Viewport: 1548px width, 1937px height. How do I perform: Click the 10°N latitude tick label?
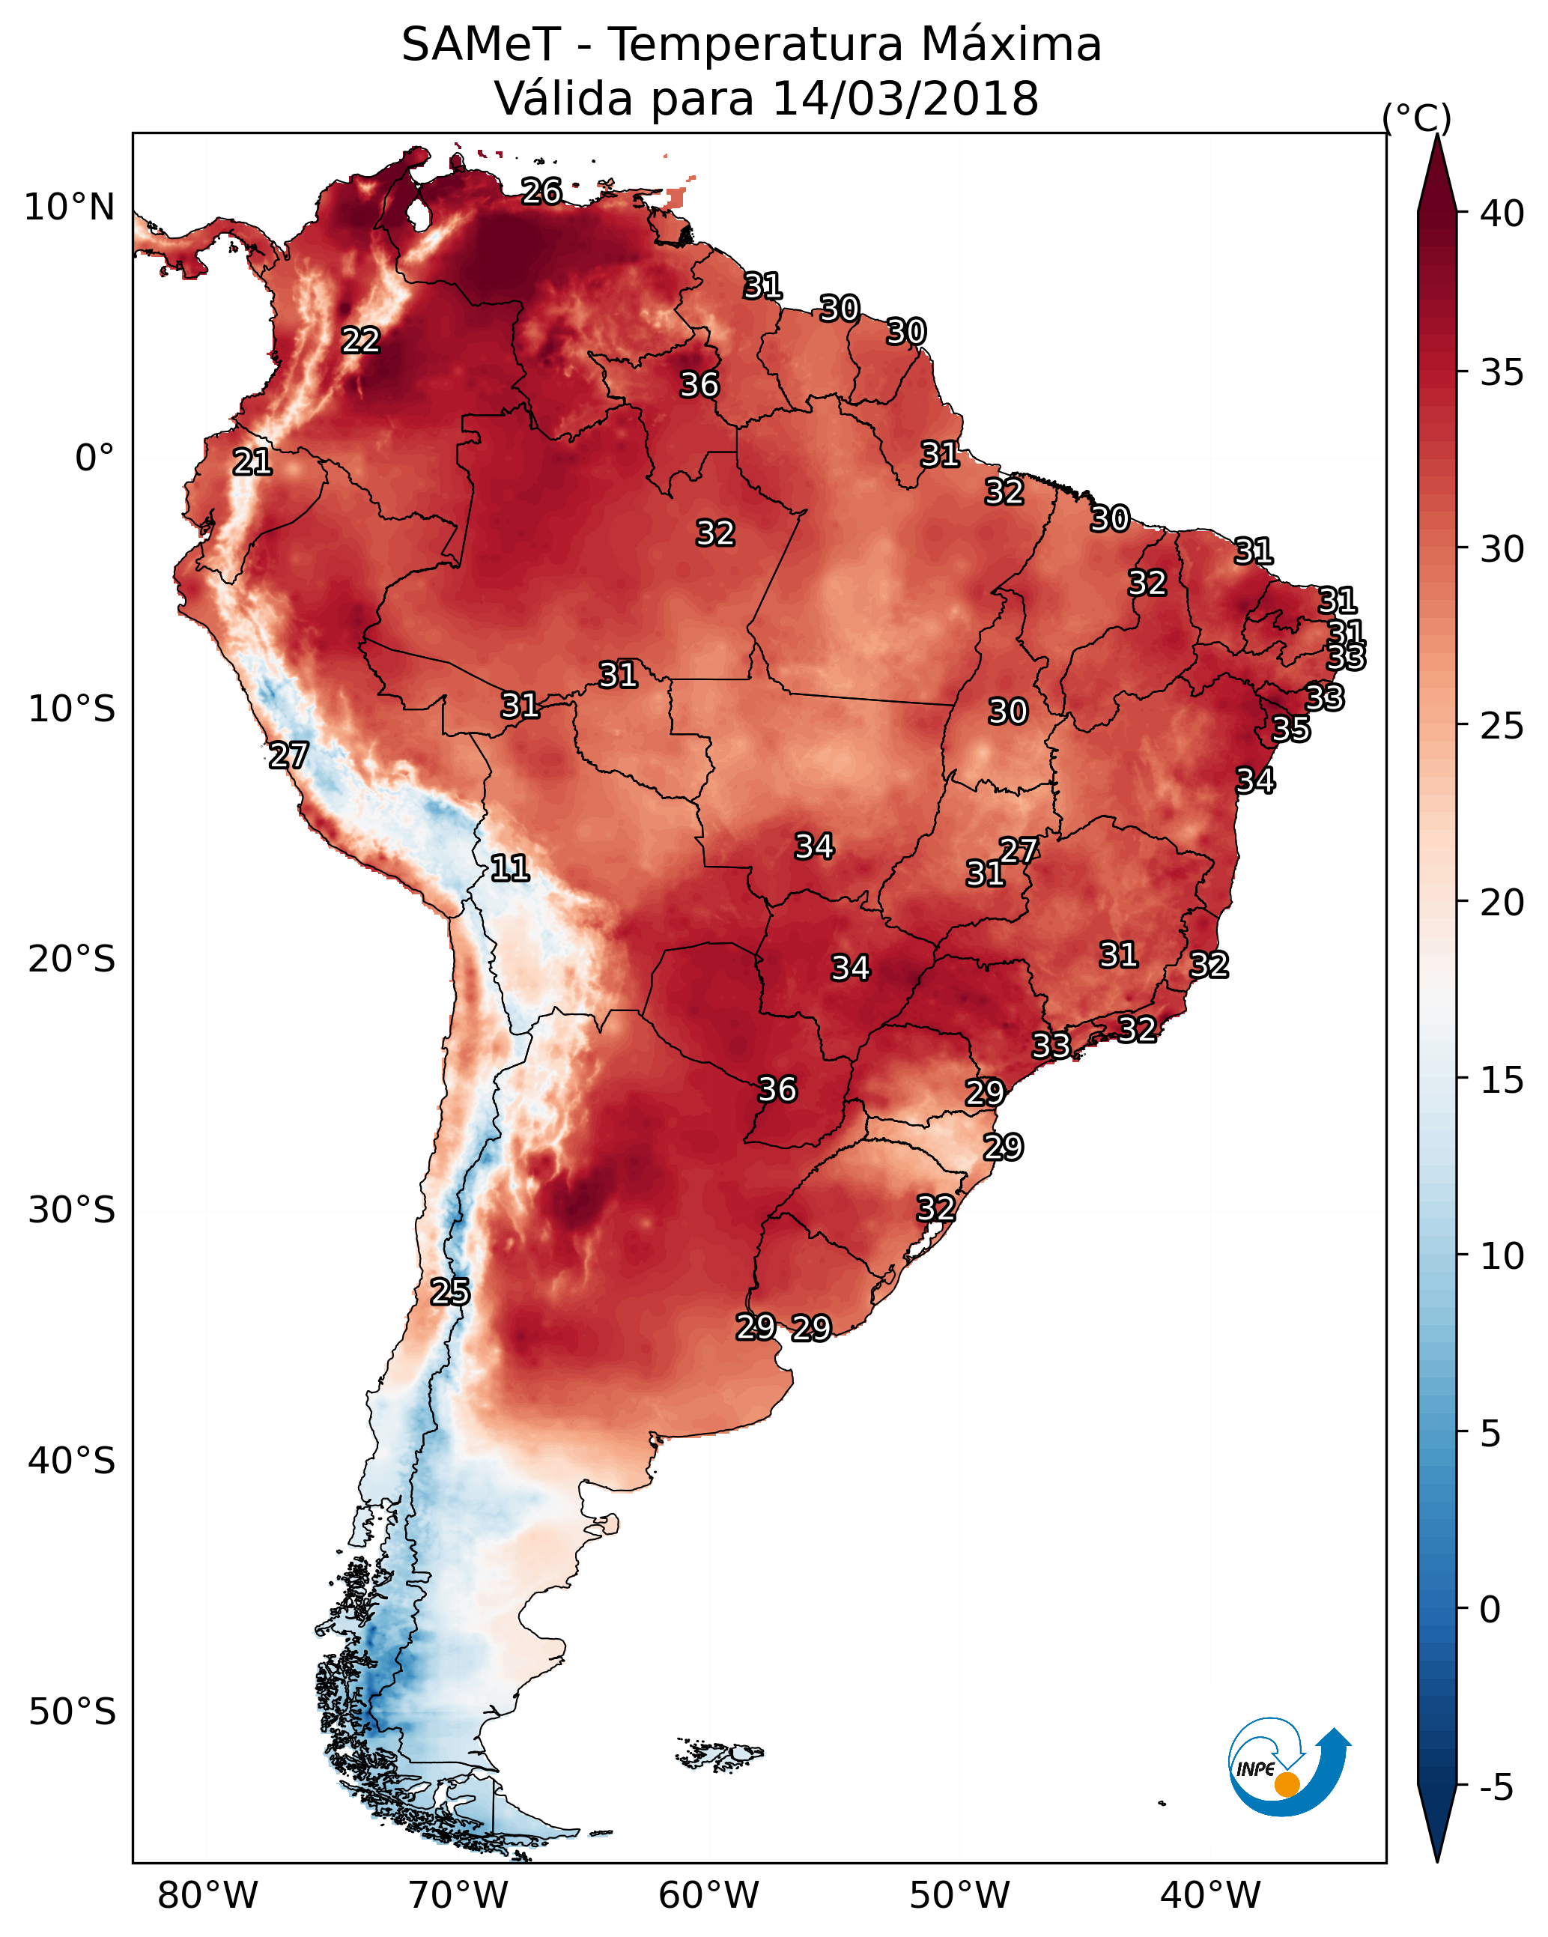pyautogui.click(x=69, y=207)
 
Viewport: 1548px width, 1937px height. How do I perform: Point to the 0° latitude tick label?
pyautogui.click(x=94, y=458)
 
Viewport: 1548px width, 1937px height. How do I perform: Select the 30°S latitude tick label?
pyautogui.click(x=72, y=1210)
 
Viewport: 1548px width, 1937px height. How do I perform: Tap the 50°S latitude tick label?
pyautogui.click(x=72, y=1712)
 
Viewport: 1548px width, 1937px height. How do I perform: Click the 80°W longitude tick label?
pyautogui.click(x=207, y=1896)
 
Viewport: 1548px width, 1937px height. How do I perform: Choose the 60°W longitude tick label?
pyautogui.click(x=709, y=1896)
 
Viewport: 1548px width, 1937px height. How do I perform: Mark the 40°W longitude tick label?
pyautogui.click(x=1210, y=1896)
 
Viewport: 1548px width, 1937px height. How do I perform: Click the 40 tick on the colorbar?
pyautogui.click(x=1502, y=213)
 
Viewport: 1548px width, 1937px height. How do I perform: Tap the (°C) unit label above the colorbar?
pyautogui.click(x=1416, y=118)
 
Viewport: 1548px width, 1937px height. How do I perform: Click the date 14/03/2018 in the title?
pyautogui.click(x=905, y=99)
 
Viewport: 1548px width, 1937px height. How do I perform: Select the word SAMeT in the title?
pyautogui.click(x=481, y=45)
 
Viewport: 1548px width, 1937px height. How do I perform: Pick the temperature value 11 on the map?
pyautogui.click(x=509, y=869)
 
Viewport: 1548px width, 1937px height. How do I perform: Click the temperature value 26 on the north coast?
pyautogui.click(x=541, y=191)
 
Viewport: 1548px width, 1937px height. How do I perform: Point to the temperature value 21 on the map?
pyautogui.click(x=252, y=463)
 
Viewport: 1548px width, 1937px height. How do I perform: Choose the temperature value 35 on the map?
pyautogui.click(x=1291, y=730)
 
